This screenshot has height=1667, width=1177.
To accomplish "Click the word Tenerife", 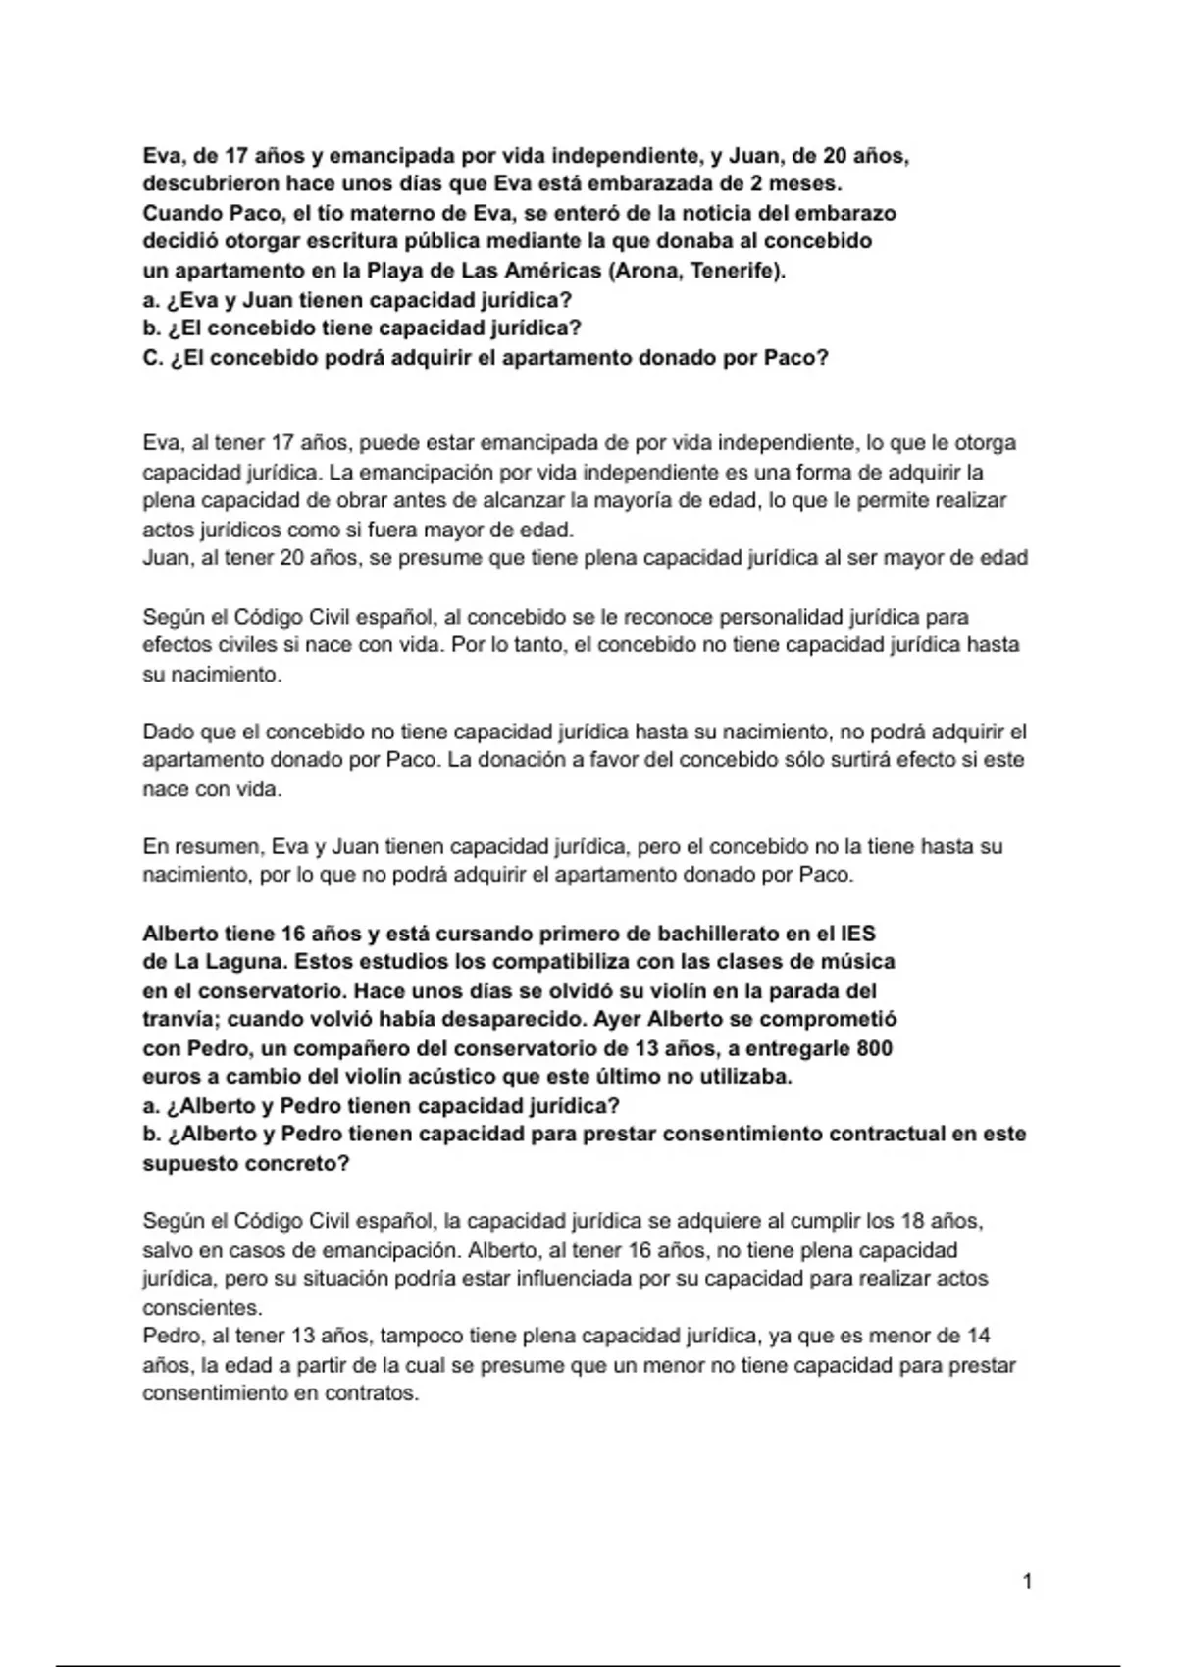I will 739,271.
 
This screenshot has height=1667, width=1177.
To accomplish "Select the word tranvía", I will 179,1019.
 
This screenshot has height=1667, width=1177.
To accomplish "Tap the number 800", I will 874,1048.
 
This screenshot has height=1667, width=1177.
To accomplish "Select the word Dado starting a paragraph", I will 168,732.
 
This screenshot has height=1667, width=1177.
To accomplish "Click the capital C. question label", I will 152,358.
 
